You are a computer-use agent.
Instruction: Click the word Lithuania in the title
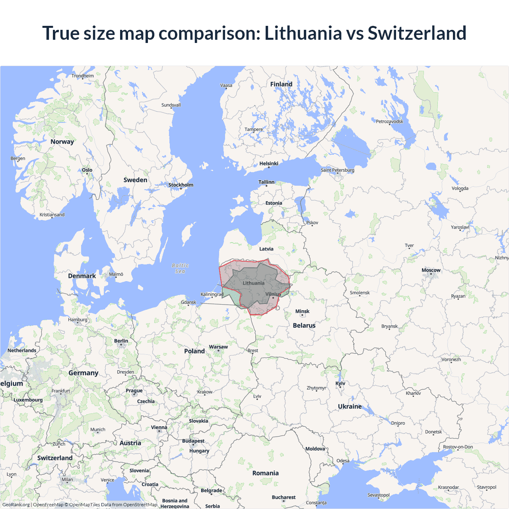303,33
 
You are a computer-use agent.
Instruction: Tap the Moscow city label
431,270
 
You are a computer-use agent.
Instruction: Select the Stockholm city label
181,185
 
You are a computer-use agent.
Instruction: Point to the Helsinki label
269,163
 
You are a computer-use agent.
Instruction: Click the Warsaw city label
218,347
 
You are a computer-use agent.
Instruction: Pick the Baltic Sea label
180,268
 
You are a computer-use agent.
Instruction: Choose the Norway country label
62,142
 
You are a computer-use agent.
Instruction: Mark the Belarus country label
304,325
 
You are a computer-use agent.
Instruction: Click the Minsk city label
302,311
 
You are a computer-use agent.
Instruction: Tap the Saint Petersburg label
337,170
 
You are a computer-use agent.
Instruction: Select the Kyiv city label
340,383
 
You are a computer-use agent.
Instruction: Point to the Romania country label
265,473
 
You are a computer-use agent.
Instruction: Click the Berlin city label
121,341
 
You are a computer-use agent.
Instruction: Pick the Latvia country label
266,249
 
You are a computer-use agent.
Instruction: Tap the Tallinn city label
266,182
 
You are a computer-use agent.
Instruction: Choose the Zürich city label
59,444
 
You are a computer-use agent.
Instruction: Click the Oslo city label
87,170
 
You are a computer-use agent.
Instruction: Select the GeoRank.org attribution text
16,505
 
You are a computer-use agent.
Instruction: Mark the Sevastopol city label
378,495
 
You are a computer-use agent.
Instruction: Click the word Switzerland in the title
417,33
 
